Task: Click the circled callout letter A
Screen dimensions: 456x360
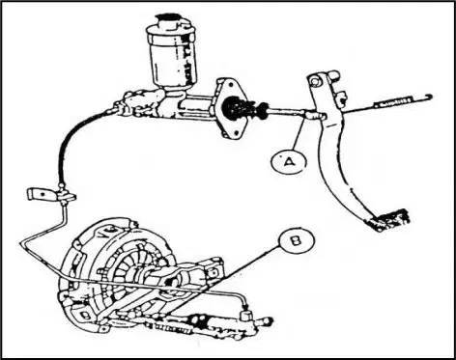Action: pyautogui.click(x=290, y=162)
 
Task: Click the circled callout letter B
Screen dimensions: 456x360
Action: pyautogui.click(x=297, y=240)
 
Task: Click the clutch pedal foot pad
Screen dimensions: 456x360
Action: pyautogui.click(x=388, y=220)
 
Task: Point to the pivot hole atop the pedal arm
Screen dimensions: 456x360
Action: pyautogui.click(x=315, y=81)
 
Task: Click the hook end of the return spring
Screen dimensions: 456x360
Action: pyautogui.click(x=428, y=96)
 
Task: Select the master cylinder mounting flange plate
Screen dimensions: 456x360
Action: pyautogui.click(x=231, y=109)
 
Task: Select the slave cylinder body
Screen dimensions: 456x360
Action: pyautogui.click(x=210, y=325)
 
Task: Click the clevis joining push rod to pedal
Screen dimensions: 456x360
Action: pyautogui.click(x=315, y=114)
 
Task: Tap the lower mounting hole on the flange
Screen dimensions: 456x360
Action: pyautogui.click(x=238, y=132)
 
